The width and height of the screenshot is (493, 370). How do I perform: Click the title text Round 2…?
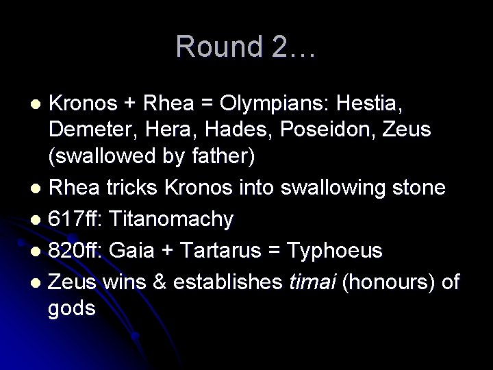pyautogui.click(x=246, y=47)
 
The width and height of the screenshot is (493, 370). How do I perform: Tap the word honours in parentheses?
pyautogui.click(x=394, y=282)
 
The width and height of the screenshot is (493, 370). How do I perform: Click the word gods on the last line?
pyautogui.click(x=71, y=308)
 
